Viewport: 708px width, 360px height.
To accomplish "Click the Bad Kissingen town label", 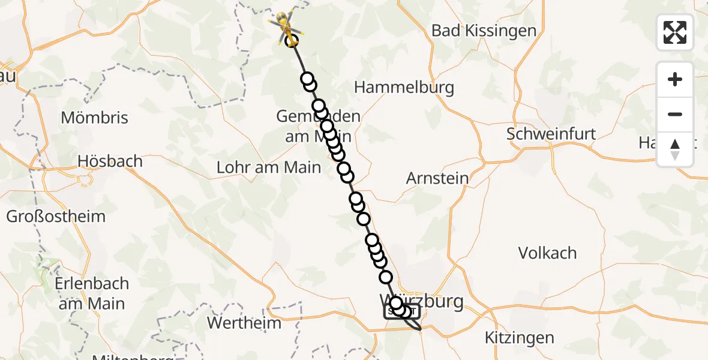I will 484,31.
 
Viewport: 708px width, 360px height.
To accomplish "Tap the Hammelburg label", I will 404,88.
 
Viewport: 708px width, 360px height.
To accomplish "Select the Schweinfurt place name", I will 551,133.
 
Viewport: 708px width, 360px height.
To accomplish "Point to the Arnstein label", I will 437,178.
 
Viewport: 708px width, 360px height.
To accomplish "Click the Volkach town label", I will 547,253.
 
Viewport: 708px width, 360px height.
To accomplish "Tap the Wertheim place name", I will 244,323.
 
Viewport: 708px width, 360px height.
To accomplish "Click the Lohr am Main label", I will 269,167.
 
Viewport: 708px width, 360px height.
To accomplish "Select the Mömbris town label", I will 95,118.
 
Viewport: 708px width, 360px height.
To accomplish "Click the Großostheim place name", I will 56,217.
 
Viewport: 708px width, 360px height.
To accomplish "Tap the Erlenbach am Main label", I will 92,293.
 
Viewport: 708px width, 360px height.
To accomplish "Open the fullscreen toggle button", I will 675,32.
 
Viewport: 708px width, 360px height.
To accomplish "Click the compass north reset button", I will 675,149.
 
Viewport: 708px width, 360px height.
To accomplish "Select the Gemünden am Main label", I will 318,126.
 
